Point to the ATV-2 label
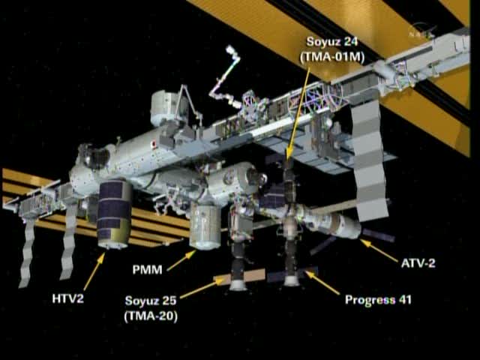click(418, 264)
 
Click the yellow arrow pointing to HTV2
click(93, 271)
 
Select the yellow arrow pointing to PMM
click(181, 260)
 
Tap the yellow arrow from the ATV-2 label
click(379, 250)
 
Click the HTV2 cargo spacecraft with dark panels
click(115, 214)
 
